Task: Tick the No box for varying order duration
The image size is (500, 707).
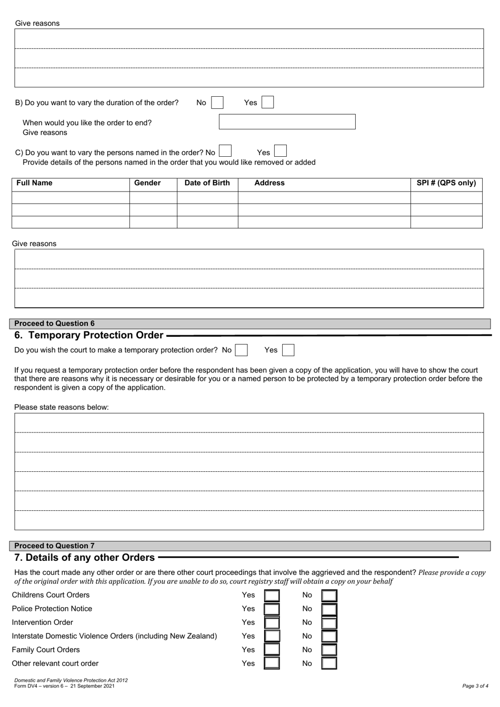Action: [217, 103]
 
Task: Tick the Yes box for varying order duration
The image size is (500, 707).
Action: [267, 102]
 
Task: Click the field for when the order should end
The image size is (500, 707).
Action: [287, 122]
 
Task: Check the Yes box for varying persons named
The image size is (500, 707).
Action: [281, 151]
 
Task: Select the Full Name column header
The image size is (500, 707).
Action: [35, 183]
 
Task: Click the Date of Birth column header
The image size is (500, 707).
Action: [207, 183]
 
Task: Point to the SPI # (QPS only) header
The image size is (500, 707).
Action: [446, 183]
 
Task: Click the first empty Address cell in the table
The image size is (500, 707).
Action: [324, 198]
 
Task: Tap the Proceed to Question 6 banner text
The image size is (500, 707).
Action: [54, 324]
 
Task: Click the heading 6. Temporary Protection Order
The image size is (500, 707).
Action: [89, 335]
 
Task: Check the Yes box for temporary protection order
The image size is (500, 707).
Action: [288, 350]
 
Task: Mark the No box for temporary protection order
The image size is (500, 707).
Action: [242, 350]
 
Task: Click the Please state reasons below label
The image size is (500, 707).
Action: [61, 407]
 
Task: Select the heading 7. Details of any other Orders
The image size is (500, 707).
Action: [84, 558]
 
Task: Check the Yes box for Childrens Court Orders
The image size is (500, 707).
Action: [272, 595]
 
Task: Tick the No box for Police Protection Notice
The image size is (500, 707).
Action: [329, 609]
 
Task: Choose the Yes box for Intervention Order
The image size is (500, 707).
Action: [272, 623]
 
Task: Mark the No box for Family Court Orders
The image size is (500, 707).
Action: [329, 650]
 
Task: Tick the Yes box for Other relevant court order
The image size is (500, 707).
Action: [272, 664]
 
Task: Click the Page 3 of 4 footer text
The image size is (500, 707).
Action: [475, 686]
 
